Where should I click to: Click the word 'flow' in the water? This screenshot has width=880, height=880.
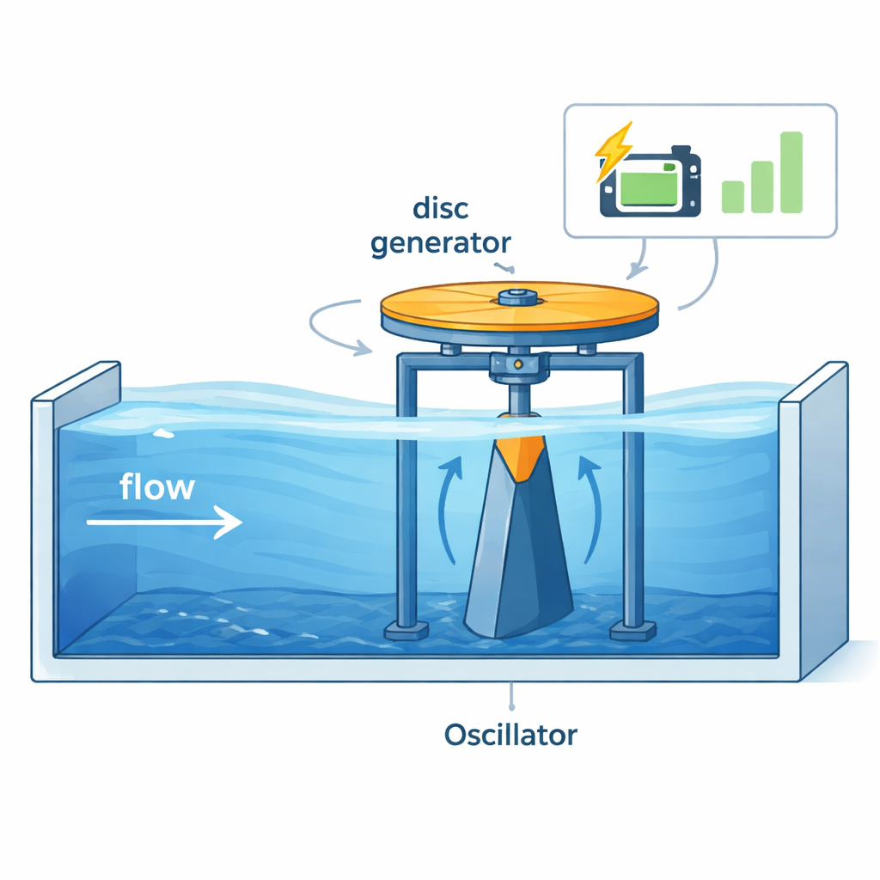[x=157, y=488]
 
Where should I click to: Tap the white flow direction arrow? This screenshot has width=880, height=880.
[x=163, y=522]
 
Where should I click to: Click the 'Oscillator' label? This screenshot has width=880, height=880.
[x=510, y=736]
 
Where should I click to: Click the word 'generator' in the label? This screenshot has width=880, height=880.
[x=440, y=242]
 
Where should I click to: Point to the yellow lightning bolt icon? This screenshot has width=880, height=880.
[x=613, y=152]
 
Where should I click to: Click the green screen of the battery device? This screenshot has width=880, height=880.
[x=650, y=186]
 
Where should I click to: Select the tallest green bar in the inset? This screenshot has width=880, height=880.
[x=791, y=172]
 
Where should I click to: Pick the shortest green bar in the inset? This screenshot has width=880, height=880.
[x=733, y=196]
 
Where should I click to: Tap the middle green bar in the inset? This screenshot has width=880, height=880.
[x=762, y=186]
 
